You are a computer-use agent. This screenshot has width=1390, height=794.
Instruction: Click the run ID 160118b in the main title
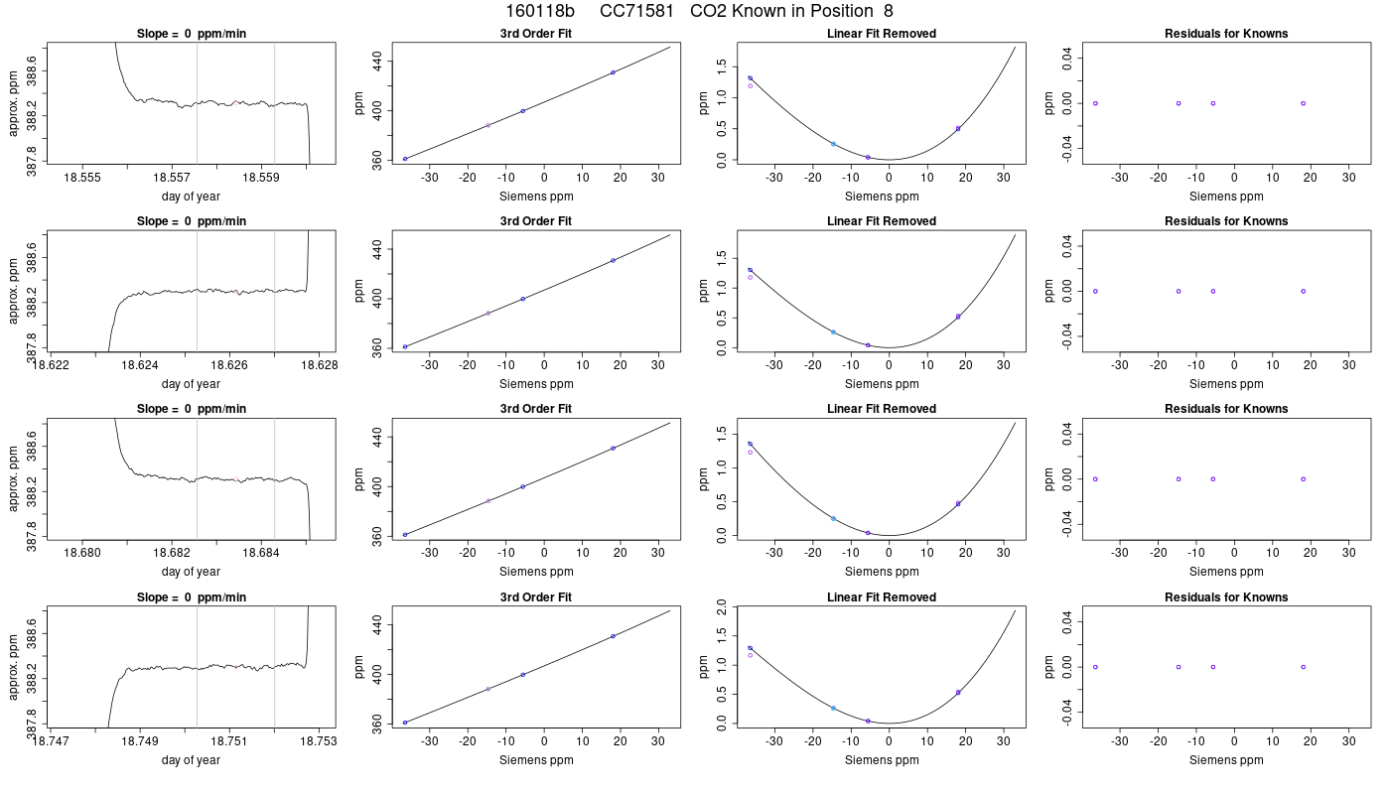point(540,11)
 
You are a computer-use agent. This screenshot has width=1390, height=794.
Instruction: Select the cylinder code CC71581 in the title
point(636,11)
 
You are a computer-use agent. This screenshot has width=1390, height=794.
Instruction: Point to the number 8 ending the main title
point(888,11)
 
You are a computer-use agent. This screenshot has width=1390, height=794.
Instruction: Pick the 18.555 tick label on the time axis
point(82,178)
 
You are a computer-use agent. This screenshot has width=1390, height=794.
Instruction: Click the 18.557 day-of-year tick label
point(172,178)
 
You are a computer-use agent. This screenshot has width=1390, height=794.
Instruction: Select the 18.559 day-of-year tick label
point(260,178)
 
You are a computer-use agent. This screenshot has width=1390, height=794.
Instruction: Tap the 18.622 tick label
point(51,365)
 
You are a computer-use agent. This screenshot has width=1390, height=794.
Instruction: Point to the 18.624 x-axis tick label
point(140,365)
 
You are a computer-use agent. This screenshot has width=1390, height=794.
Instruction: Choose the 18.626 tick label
point(229,365)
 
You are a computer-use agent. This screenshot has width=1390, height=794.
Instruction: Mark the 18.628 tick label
point(320,365)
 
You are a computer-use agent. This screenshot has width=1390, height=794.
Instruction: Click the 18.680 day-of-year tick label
point(82,553)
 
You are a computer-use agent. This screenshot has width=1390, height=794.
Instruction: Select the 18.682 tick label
point(172,553)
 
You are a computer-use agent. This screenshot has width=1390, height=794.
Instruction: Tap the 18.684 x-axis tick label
point(260,553)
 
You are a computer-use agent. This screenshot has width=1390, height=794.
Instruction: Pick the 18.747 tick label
point(51,741)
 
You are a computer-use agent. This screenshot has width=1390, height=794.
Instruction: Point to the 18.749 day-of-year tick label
point(140,741)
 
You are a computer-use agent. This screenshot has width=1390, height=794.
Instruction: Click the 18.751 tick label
point(229,741)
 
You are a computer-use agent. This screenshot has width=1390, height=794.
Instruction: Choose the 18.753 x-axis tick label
point(319,741)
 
